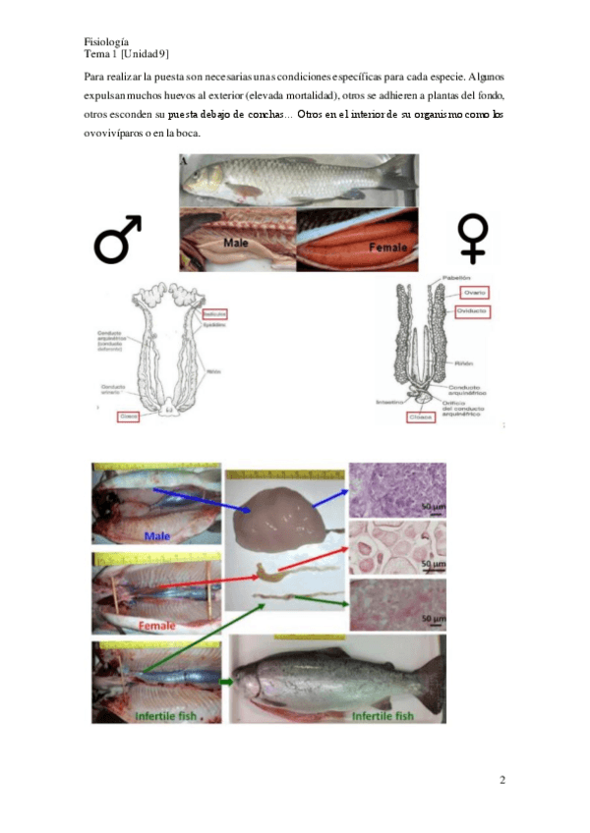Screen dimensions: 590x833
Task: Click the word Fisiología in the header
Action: tap(107, 41)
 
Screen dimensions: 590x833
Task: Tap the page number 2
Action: tap(502, 781)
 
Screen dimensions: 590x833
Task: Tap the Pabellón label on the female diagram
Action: tap(456, 278)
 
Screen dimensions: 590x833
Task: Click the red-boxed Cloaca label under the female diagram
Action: tap(422, 417)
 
